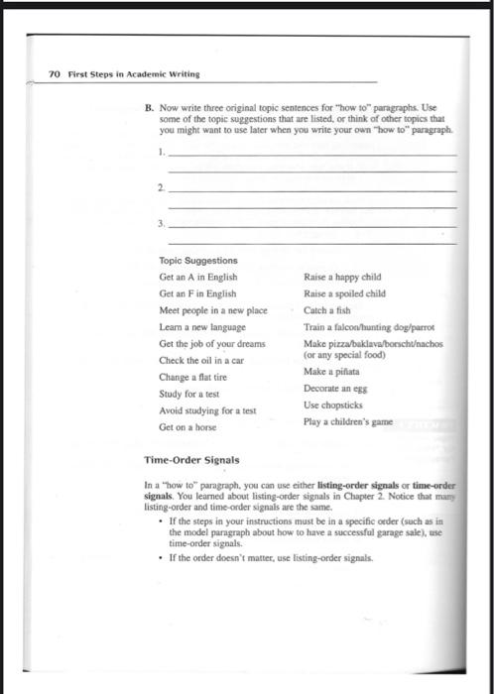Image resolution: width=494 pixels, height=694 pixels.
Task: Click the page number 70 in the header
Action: [x=55, y=73]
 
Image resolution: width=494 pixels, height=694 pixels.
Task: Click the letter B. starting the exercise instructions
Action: [x=149, y=105]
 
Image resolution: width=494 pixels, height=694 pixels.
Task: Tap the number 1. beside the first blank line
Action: [x=162, y=153]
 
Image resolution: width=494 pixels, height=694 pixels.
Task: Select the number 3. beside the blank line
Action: [x=162, y=225]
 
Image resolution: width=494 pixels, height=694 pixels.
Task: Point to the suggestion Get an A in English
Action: [x=197, y=278]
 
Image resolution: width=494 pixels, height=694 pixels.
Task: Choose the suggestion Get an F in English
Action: [x=197, y=294]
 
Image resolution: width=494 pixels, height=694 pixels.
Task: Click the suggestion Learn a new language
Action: [x=202, y=326]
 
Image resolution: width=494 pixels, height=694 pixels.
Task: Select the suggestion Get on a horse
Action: [x=188, y=427]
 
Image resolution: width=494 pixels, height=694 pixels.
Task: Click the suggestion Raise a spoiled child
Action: [x=344, y=293]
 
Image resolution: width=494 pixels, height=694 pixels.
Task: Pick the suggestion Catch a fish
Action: [x=327, y=310]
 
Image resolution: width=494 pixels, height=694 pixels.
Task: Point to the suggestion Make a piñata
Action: [x=332, y=371]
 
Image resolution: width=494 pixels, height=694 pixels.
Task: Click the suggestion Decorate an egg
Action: [x=335, y=389]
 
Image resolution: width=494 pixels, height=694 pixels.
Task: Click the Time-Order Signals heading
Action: [x=193, y=461]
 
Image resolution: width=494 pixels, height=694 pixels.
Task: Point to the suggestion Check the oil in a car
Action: [x=202, y=360]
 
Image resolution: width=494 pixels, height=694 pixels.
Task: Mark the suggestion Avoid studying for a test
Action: [x=207, y=410]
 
